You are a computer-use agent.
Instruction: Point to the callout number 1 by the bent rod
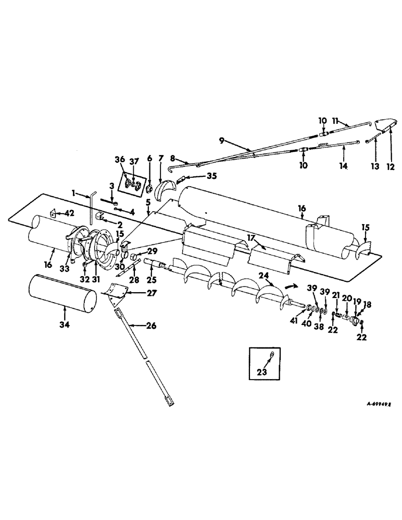click(74, 193)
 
